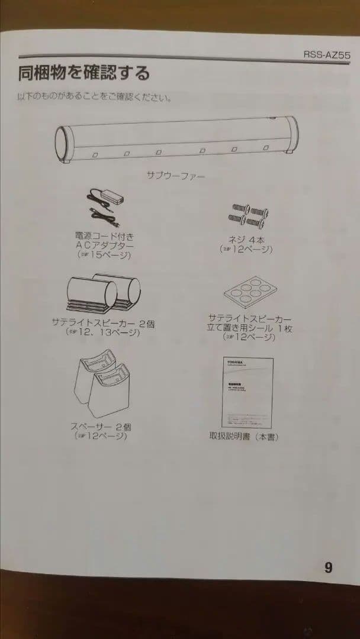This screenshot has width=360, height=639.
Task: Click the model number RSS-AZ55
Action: (327, 54)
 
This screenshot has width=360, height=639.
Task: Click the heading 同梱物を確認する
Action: (83, 73)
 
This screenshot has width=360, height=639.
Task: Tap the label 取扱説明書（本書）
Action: (244, 437)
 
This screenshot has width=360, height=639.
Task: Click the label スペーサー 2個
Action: (101, 426)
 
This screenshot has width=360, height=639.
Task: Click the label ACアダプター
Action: (105, 245)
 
